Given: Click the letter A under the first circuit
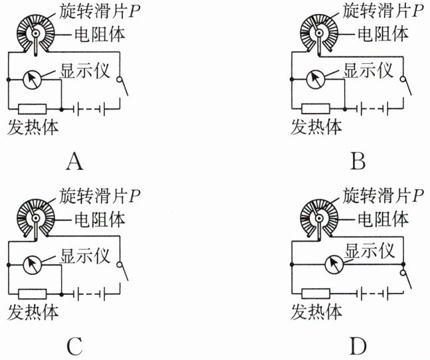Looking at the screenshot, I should pos(75,161).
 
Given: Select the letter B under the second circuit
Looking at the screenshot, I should pos(358,161).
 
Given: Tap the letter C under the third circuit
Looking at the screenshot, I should pos(75,345).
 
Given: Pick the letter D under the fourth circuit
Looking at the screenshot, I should pos(358,345).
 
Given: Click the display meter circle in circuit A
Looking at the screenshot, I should pos(32,79).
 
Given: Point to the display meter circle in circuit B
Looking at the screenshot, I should pos(315,79).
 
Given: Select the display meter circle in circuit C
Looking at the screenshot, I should pos(32,264).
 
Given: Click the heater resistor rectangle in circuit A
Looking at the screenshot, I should pos(32,108).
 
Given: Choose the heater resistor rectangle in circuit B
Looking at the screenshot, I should pos(315,108).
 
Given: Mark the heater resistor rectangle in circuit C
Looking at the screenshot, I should pos(32,292).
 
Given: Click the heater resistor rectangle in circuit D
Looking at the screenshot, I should pos(315,292).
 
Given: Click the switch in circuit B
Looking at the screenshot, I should pos(406,86).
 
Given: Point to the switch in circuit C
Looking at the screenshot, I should pos(123,270).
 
